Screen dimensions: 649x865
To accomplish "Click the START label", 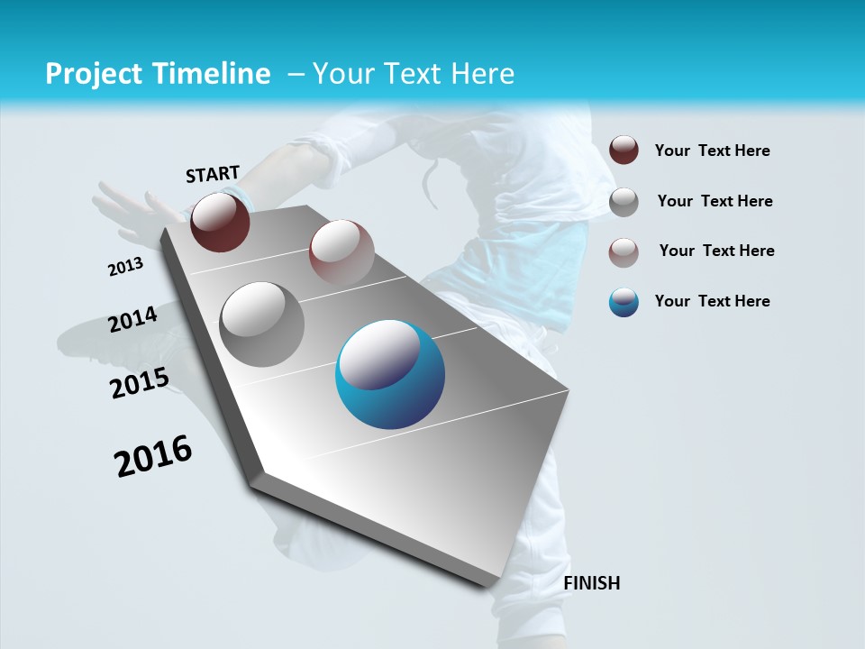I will click(213, 174).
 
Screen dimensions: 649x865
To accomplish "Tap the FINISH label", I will click(591, 583).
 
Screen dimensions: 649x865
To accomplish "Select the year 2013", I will click(125, 267).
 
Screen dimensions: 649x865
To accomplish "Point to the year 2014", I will click(132, 320).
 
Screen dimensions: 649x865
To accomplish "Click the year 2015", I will click(140, 384).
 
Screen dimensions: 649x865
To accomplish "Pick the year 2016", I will click(153, 456).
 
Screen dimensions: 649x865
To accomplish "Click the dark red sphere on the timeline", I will click(220, 222).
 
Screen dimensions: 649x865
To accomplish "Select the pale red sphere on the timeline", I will click(341, 252).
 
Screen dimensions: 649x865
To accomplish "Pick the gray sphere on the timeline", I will click(261, 324).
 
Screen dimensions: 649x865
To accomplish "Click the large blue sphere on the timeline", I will click(389, 374).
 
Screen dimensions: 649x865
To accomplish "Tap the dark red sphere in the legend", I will click(624, 150).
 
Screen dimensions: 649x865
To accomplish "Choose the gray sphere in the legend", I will click(624, 202).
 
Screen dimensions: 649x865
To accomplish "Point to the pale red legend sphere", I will click(624, 252).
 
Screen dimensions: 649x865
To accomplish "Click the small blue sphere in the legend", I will click(624, 302).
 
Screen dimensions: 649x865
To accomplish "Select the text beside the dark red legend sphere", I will click(712, 151).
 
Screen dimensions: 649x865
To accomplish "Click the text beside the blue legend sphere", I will click(712, 301).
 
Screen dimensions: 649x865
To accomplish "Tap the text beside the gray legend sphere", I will click(715, 201).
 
